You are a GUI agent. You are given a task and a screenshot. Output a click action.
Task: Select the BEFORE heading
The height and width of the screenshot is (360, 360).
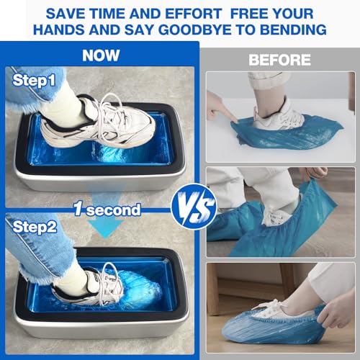(x=279, y=60)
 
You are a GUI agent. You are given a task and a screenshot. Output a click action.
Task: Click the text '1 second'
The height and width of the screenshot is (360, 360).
(x=107, y=210)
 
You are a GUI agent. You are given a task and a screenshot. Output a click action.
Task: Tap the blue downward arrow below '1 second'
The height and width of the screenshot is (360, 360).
(x=107, y=228)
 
